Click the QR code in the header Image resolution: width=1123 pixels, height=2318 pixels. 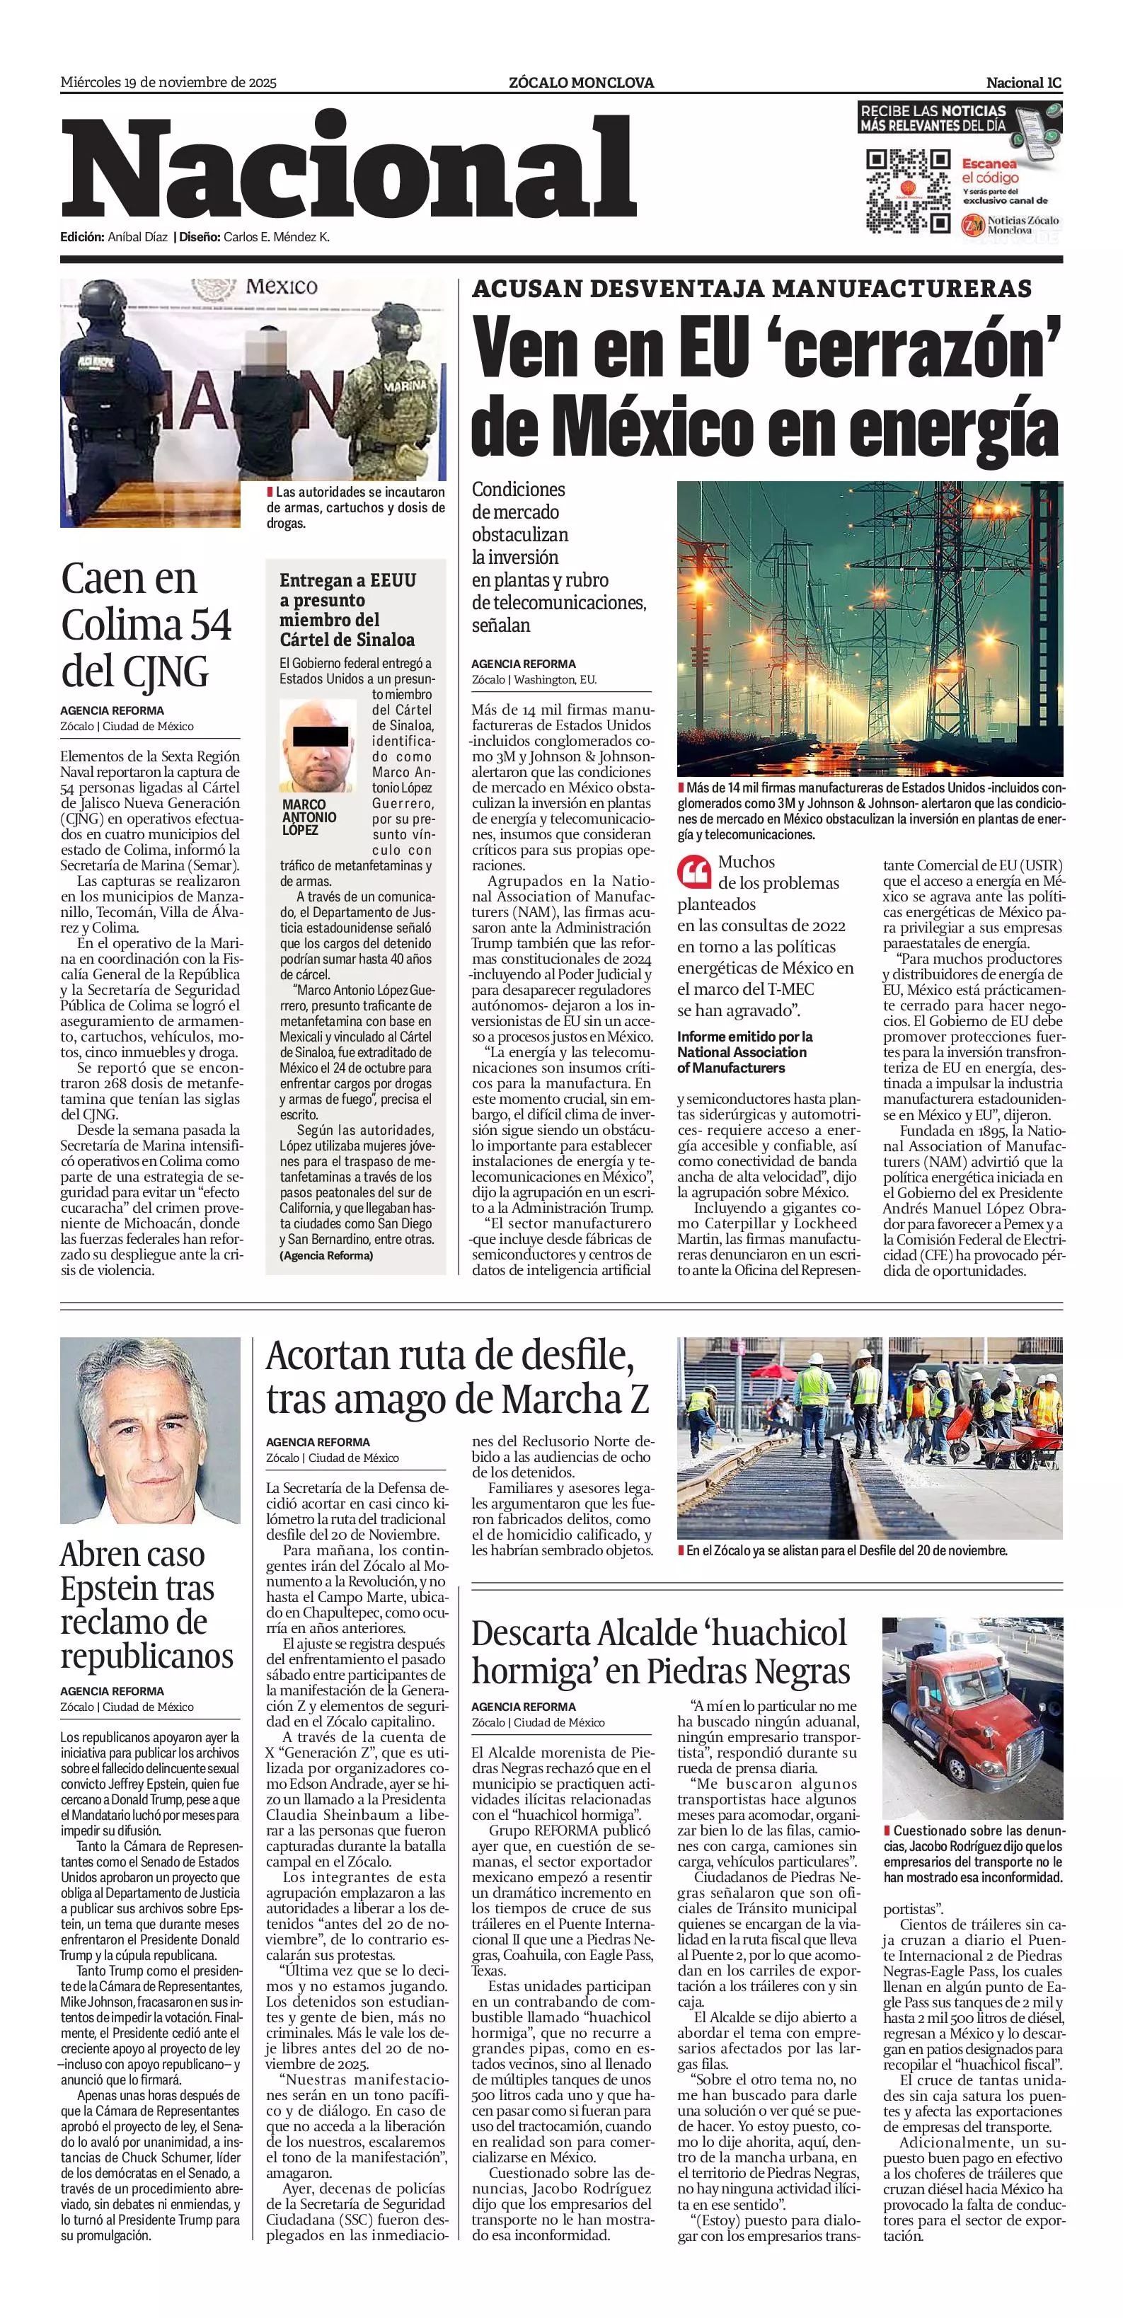point(907,192)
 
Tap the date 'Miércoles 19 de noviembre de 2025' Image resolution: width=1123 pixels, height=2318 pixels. point(168,83)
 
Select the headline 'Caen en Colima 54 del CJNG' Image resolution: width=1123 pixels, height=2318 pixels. point(146,625)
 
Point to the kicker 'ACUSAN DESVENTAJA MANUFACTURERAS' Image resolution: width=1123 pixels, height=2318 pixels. point(751,289)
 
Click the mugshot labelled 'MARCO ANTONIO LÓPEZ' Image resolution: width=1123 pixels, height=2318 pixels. point(318,746)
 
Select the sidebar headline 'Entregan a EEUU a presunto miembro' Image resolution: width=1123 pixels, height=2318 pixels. point(347,610)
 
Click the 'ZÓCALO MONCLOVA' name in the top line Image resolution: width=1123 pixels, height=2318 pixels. point(581,83)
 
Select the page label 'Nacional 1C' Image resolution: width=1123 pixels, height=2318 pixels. point(1023,83)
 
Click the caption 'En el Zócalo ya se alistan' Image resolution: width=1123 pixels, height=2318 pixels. point(846,1550)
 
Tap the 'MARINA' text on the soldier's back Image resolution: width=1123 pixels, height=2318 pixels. point(407,386)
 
